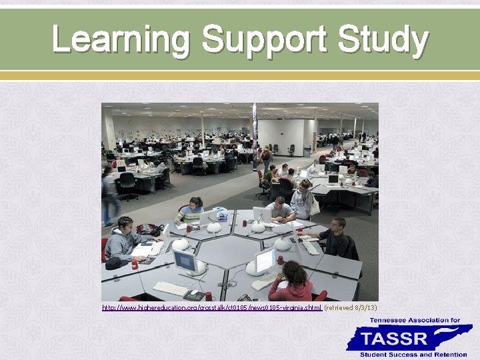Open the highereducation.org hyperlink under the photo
[x=212, y=307]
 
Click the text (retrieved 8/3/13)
[x=351, y=307]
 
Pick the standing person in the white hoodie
[x=303, y=201]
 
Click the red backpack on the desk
[x=149, y=229]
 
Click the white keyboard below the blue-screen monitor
[x=171, y=288]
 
